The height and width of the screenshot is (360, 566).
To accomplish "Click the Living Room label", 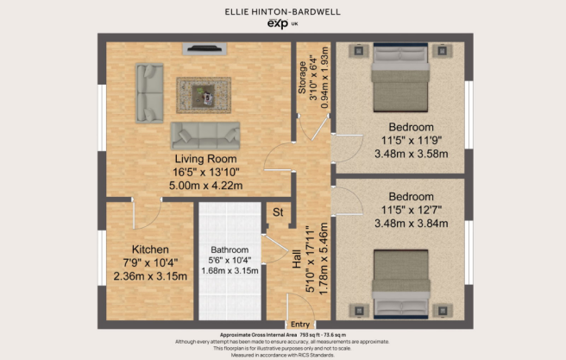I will (205, 160).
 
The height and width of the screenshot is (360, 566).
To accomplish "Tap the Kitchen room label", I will (149, 248).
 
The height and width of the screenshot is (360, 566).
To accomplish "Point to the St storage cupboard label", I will (279, 212).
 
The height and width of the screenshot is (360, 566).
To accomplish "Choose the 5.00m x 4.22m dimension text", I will (205, 185).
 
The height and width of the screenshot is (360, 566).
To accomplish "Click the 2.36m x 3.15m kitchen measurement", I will (149, 276).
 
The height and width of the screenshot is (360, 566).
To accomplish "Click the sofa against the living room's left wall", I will (148, 91).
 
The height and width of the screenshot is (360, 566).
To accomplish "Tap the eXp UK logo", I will (282, 27).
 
